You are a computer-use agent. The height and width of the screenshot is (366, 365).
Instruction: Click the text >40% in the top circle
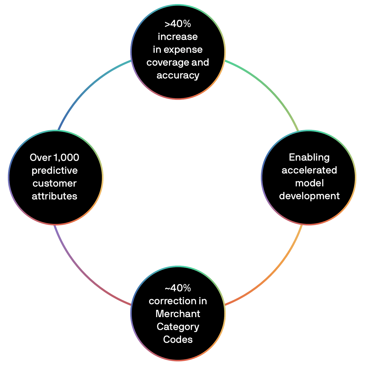[x=178, y=24]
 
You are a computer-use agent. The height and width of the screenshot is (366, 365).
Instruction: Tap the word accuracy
[x=178, y=75]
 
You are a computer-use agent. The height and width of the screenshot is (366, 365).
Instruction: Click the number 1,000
[x=66, y=158]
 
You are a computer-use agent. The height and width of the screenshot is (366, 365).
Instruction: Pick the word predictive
[x=55, y=171]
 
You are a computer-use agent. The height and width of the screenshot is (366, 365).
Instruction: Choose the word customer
[x=55, y=184]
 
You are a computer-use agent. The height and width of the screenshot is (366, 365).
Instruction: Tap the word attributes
[x=55, y=196]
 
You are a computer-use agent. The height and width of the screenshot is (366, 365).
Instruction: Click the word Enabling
[x=309, y=157]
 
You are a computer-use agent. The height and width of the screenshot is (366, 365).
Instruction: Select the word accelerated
[x=309, y=170]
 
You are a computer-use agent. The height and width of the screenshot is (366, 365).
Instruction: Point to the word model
[x=309, y=183]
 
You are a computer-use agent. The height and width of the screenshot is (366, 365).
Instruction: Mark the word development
[x=309, y=196]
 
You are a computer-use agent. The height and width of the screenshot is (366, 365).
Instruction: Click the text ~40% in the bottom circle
[x=178, y=288]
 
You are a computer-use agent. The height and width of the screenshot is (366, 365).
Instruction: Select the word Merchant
[x=178, y=314]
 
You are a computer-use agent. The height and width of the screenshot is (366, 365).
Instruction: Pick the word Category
[x=178, y=327]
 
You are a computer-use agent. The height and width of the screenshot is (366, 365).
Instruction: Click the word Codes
[x=178, y=340]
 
